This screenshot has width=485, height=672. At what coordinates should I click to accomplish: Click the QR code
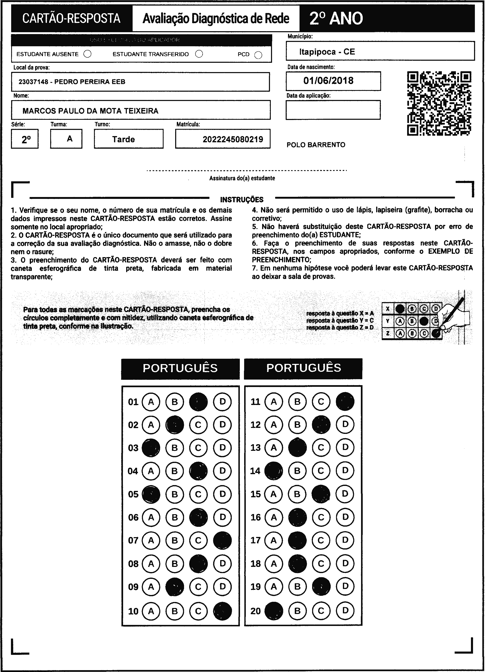439,103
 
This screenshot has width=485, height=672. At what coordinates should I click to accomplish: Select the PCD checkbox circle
258,55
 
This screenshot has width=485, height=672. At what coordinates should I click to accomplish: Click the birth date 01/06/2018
328,81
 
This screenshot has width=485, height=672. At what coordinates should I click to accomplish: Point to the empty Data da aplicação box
333,110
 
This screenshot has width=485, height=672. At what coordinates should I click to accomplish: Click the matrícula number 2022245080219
233,139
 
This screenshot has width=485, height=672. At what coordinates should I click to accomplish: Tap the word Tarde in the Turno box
123,139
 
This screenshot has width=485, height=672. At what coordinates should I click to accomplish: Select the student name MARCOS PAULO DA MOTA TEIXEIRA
90,111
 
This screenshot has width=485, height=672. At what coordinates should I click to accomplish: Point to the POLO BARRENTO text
316,145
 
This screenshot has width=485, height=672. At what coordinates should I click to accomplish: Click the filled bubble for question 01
198,402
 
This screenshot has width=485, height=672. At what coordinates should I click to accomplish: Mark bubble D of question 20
345,611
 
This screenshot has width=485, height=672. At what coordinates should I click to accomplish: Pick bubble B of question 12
297,425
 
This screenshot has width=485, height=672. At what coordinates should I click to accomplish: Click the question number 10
133,611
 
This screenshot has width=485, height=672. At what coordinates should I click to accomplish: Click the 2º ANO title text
336,18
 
